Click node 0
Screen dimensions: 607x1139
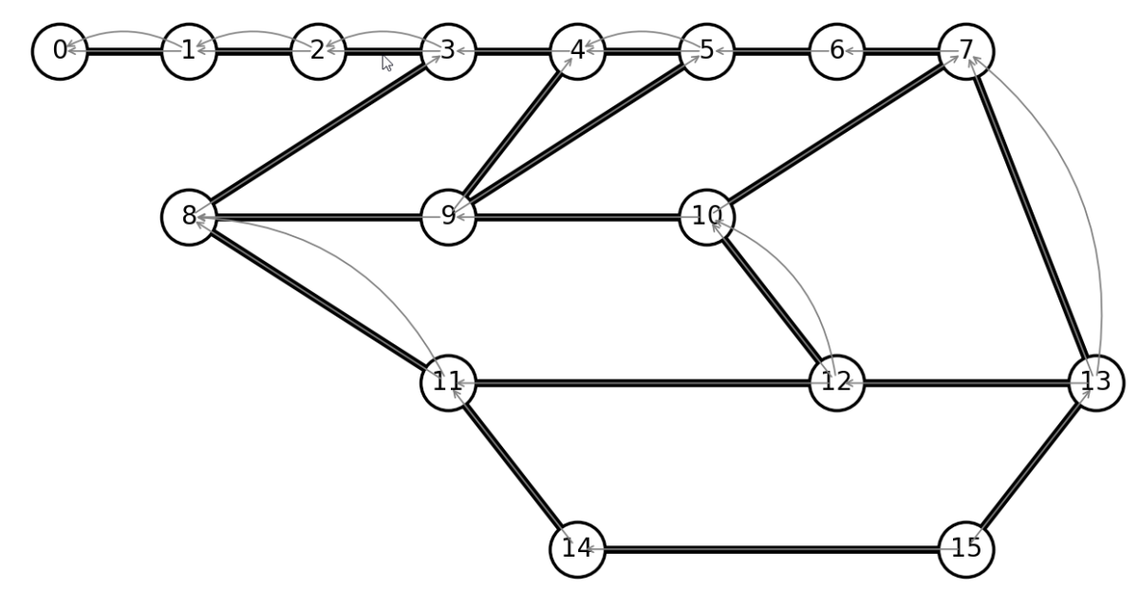click(x=60, y=51)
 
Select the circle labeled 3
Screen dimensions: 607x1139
click(x=448, y=51)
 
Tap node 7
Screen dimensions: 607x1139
click(x=966, y=51)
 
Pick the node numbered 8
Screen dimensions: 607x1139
click(x=189, y=217)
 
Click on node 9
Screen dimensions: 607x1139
click(x=448, y=217)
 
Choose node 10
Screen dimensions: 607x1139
click(x=707, y=217)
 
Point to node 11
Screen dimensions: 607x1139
click(x=448, y=383)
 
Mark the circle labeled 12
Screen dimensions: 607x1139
click(x=836, y=383)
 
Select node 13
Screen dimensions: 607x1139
click(x=1095, y=383)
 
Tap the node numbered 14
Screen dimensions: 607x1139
click(x=577, y=549)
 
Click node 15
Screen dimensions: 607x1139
click(x=966, y=549)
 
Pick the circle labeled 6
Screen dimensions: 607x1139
click(x=836, y=51)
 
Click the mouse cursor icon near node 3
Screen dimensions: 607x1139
click(x=387, y=64)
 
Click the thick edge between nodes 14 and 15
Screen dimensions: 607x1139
click(x=772, y=549)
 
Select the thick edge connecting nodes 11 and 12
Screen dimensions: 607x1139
click(x=642, y=383)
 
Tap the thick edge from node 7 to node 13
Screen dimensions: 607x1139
click(x=1031, y=217)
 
